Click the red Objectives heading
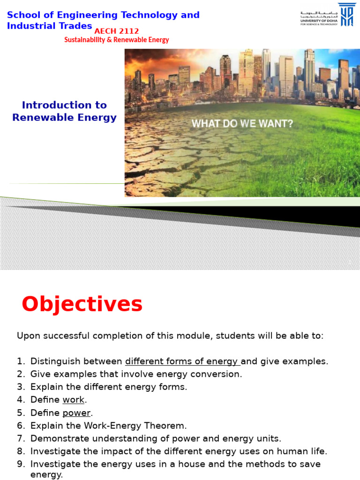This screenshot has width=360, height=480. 82,305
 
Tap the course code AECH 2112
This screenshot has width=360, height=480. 117,31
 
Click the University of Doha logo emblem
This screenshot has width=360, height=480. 346,15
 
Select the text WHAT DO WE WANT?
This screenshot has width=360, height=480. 242,124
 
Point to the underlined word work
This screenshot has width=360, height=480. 74,400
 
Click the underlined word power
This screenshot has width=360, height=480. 76,413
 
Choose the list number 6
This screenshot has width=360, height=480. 20,426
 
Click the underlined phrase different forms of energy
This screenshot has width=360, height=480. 182,361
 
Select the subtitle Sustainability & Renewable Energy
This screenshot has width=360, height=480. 116,40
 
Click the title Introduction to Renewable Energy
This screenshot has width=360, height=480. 64,111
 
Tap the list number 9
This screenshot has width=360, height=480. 20,464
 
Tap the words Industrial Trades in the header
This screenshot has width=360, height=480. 49,25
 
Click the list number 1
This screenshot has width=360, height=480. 20,361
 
